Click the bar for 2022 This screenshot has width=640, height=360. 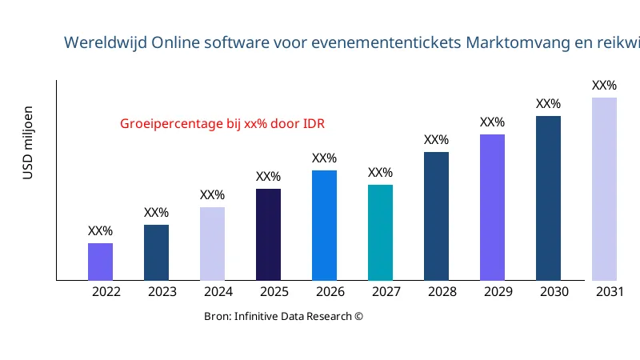pyautogui.click(x=100, y=262)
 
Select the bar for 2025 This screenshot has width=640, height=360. pyautogui.click(x=268, y=234)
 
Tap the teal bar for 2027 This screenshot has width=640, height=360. pyautogui.click(x=380, y=233)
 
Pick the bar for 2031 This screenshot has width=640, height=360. pyautogui.click(x=604, y=189)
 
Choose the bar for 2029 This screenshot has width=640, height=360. pyautogui.click(x=492, y=207)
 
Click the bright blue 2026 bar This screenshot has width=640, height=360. pyautogui.click(x=324, y=225)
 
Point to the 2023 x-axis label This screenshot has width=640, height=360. pyautogui.click(x=162, y=292)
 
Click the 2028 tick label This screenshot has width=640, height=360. pyautogui.click(x=442, y=292)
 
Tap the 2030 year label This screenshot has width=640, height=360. pyautogui.click(x=554, y=292)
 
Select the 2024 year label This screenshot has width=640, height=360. pyautogui.click(x=218, y=292)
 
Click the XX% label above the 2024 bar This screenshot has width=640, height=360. pyautogui.click(x=212, y=194)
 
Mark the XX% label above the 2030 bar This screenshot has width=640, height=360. pyautogui.click(x=548, y=104)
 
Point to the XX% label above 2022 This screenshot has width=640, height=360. pyautogui.click(x=100, y=231)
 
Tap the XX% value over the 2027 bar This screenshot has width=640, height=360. pyautogui.click(x=380, y=173)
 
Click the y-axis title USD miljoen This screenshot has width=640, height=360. pyautogui.click(x=28, y=142)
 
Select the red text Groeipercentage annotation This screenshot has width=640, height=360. pyautogui.click(x=222, y=124)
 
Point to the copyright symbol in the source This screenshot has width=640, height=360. pyautogui.click(x=358, y=316)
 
